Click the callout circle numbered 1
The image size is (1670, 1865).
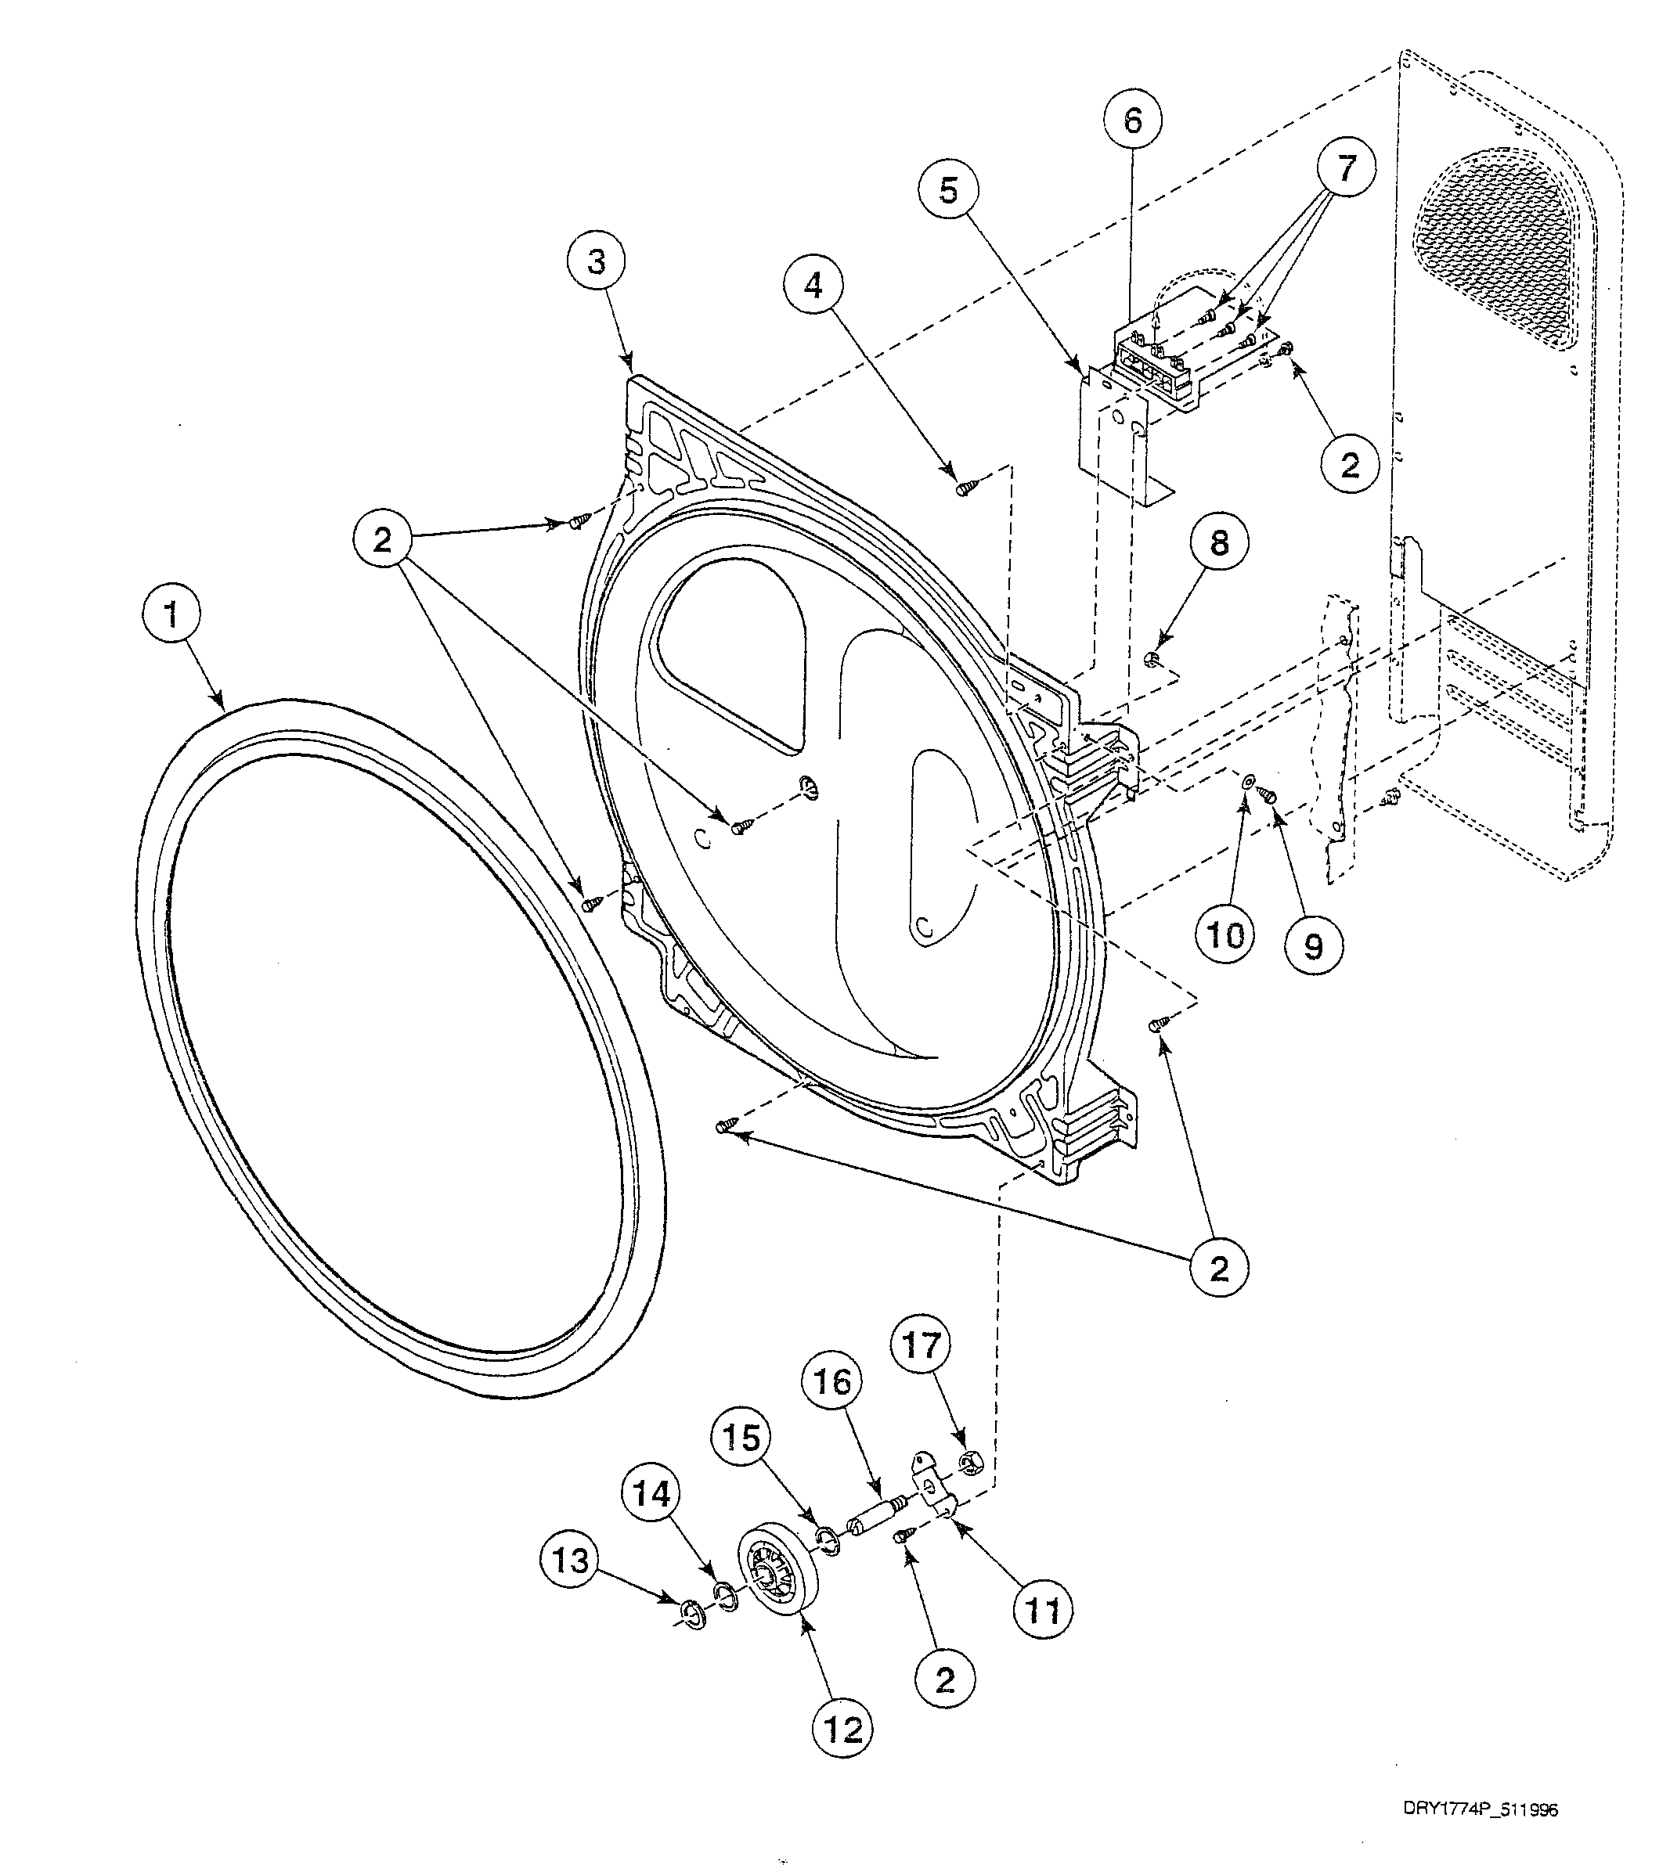point(171,617)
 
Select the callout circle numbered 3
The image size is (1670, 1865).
point(597,262)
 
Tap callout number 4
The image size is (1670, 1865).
point(814,287)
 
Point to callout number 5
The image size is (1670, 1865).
point(948,192)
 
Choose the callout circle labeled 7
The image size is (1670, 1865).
point(1346,169)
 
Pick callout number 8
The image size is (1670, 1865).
point(1218,544)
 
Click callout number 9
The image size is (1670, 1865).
point(1313,944)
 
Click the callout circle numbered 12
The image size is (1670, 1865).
point(843,1730)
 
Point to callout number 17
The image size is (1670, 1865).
point(922,1346)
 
